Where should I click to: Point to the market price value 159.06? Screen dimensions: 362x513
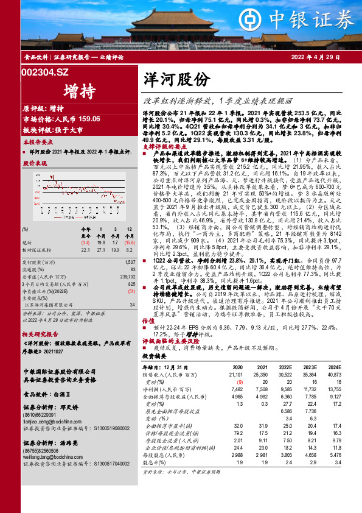point(85,119)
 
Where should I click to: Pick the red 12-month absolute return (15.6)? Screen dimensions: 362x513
point(128,242)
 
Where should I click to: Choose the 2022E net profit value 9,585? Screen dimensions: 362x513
point(284,389)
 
